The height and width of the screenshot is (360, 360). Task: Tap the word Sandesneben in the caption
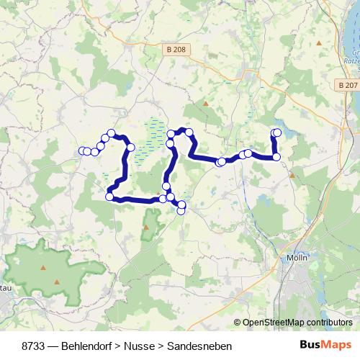197,346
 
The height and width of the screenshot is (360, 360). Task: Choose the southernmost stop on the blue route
181,211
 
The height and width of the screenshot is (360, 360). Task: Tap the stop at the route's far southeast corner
276,157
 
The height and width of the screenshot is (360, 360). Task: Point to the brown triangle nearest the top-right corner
318,43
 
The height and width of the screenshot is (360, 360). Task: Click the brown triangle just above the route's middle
206,104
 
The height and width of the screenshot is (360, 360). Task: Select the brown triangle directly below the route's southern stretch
146,228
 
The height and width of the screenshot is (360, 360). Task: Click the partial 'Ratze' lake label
351,61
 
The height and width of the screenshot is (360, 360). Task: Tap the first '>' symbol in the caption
118,346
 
